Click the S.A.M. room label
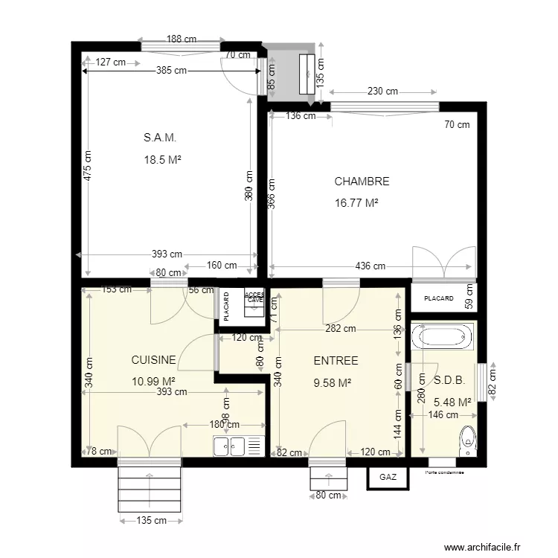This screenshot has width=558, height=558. pos(160,138)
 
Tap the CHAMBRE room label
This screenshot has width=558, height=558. pos(362,181)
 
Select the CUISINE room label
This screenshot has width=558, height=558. pos(153,360)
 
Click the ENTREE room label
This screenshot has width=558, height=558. pos(336,361)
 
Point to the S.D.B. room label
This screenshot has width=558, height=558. pos(449,379)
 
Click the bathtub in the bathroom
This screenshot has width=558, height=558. pos(444,337)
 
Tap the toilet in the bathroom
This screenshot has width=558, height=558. pos(468,440)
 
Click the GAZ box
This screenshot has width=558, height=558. pos(388,477)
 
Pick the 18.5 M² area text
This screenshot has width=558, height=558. pos(164,159)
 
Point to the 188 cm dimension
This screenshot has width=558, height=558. pos(182,39)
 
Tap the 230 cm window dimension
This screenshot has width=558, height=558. pos(382,92)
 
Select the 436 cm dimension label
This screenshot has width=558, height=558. pos(370,266)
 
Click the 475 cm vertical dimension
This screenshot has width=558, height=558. pos(88,167)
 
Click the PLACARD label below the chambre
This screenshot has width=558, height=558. pos(438,298)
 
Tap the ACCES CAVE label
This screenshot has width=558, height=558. pos(254,297)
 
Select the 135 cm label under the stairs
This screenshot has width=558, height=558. pos(151,521)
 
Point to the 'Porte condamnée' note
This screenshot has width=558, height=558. pos(445,472)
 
